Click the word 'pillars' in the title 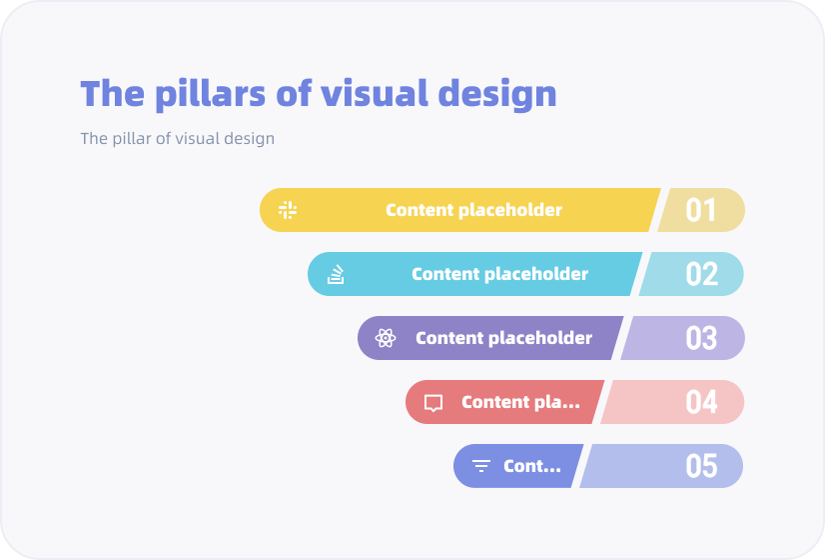point(211,94)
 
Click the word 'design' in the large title point(497,94)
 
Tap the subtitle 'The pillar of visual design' point(178,138)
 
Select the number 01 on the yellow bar point(701,210)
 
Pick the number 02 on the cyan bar point(701,274)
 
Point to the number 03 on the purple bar point(701,338)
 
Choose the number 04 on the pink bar point(701,402)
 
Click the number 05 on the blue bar point(701,466)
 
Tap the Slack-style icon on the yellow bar point(288,210)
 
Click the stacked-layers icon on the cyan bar point(336,274)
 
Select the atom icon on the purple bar point(386,338)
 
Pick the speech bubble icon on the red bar point(433,403)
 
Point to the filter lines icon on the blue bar point(480,466)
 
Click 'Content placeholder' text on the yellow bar point(473,210)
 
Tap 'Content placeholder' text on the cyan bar point(499,274)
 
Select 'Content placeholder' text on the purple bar point(503,338)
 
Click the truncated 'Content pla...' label point(520,402)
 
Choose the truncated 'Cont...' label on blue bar point(532,466)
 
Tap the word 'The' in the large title point(112,93)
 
